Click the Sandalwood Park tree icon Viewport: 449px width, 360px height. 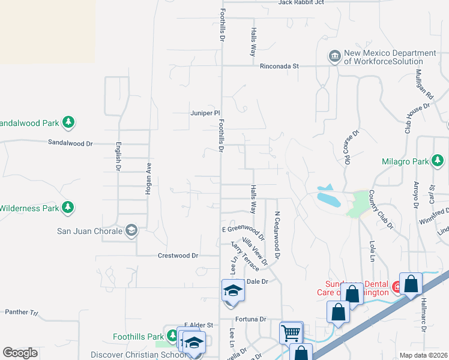pyautogui.click(x=69, y=123)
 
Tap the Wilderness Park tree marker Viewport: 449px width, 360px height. pyautogui.click(x=69, y=208)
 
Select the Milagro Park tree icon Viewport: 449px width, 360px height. pyautogui.click(x=438, y=161)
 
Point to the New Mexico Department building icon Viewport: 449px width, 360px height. pyautogui.click(x=334, y=57)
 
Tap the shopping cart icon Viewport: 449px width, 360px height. pyautogui.click(x=291, y=332)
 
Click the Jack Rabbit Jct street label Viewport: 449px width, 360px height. pyautogui.click(x=301, y=2)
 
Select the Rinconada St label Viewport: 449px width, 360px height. pyautogui.click(x=279, y=66)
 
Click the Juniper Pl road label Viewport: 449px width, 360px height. pyautogui.click(x=205, y=112)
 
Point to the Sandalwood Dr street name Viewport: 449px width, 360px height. pyautogui.click(x=71, y=143)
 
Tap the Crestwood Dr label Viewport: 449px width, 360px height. pyautogui.click(x=178, y=255)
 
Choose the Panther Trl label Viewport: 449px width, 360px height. pyautogui.click(x=21, y=312)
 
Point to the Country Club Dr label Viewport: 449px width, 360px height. pyautogui.click(x=381, y=210)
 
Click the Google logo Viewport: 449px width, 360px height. pyautogui.click(x=20, y=353)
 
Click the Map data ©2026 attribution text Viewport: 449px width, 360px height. pyautogui.click(x=423, y=355)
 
